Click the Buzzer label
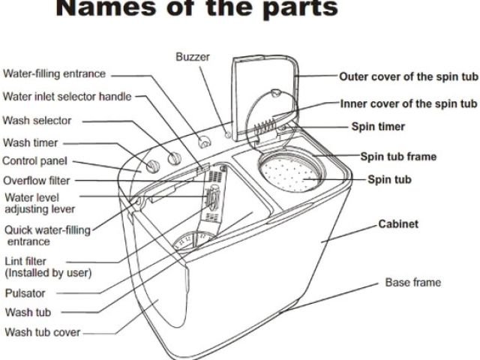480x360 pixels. [x=193, y=57]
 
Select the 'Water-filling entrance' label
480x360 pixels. [x=55, y=74]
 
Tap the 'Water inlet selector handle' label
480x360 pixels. [x=67, y=97]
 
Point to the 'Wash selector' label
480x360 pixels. [x=37, y=120]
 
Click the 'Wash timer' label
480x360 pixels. [x=31, y=142]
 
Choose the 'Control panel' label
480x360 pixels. [x=34, y=160]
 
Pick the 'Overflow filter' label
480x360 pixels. [x=37, y=180]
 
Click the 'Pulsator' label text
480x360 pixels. [x=25, y=293]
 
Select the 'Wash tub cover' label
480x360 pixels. [x=42, y=331]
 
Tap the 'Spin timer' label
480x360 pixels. [x=378, y=127]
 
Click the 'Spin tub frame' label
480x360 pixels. [x=398, y=157]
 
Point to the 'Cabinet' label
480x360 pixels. [x=397, y=224]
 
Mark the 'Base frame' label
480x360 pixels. [x=412, y=283]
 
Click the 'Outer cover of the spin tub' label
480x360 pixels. [x=407, y=76]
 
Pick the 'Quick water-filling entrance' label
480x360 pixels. [x=48, y=235]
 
